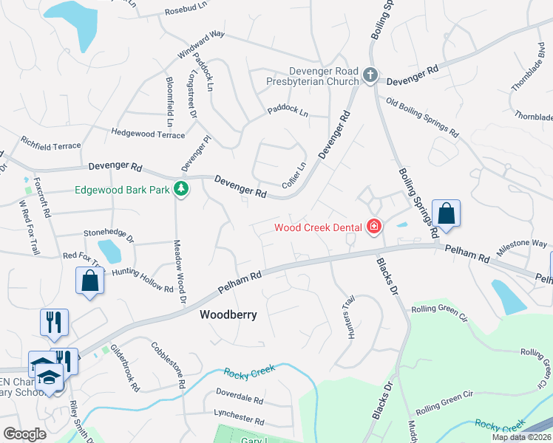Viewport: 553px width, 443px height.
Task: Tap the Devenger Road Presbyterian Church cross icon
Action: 370,76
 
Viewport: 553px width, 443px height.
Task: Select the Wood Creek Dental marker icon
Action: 373,227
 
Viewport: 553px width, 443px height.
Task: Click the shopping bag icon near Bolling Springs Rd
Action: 446,214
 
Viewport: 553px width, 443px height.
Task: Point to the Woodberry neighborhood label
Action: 228,315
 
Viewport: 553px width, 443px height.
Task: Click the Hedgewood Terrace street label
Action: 148,134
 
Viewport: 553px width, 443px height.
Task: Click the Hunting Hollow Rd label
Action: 143,278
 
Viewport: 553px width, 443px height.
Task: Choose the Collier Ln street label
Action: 294,175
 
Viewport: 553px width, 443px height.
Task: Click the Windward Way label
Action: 200,45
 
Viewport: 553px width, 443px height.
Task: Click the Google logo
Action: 24,435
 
